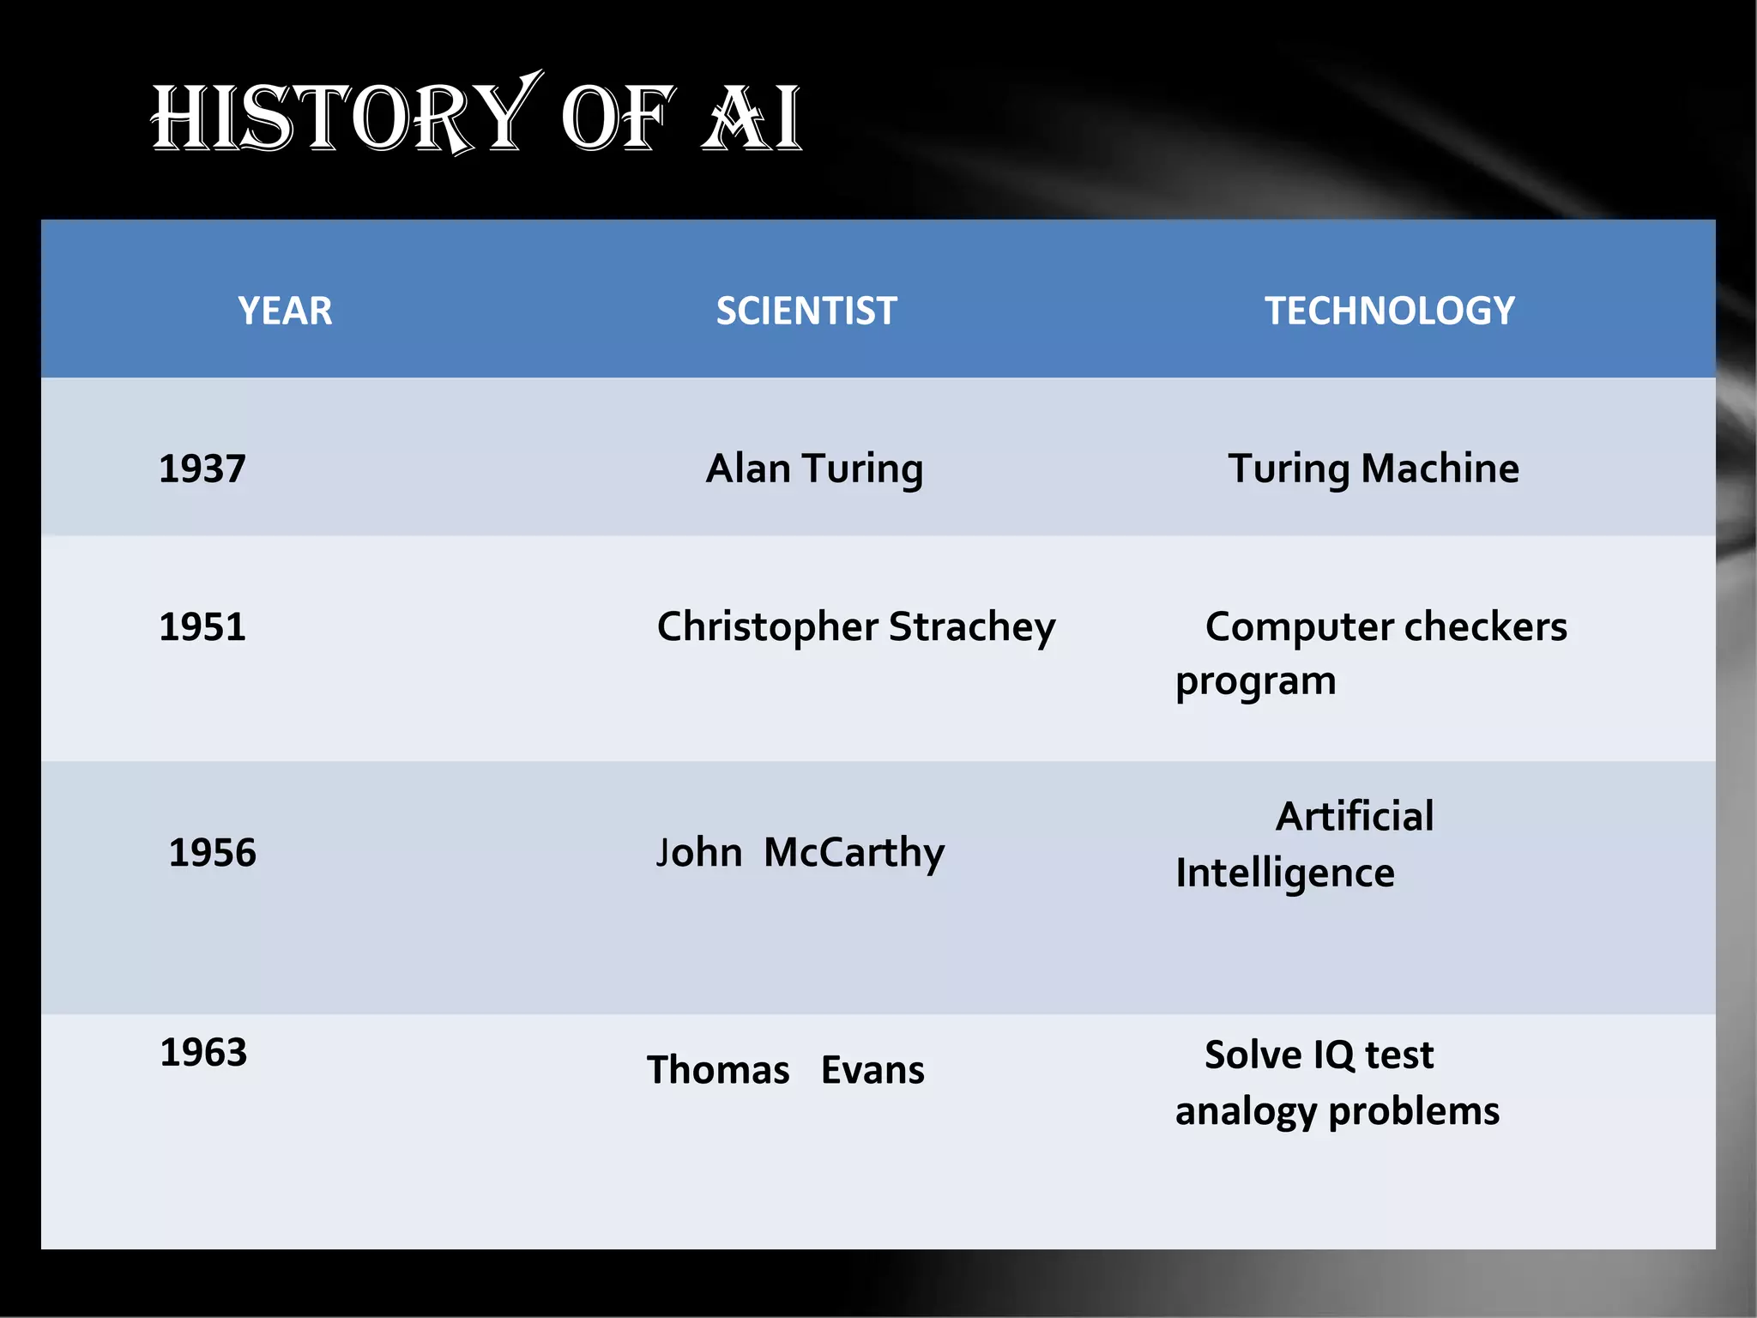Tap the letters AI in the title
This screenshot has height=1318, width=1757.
pyautogui.click(x=752, y=118)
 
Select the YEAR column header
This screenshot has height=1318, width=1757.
pyautogui.click(x=285, y=311)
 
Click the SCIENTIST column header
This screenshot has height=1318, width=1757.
pyautogui.click(x=806, y=311)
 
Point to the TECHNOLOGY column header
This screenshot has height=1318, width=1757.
pyautogui.click(x=1389, y=311)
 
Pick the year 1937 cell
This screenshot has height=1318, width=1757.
pyautogui.click(x=202, y=469)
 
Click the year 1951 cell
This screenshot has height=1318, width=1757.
pyautogui.click(x=202, y=627)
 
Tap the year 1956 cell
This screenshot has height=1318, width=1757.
pyautogui.click(x=212, y=853)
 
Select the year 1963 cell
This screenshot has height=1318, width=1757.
pyautogui.click(x=203, y=1053)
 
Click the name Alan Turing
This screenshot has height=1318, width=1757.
pyautogui.click(x=814, y=469)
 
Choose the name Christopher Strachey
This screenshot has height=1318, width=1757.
pyautogui.click(x=855, y=627)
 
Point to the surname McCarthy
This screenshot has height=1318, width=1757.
pyautogui.click(x=854, y=853)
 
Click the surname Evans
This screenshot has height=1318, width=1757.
pyautogui.click(x=872, y=1071)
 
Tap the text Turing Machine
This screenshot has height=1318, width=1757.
pyautogui.click(x=1373, y=469)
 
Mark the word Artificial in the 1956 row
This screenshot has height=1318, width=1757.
pyautogui.click(x=1354, y=816)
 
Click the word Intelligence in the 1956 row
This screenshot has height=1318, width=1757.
pyautogui.click(x=1284, y=874)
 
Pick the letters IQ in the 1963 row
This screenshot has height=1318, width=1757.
pyautogui.click(x=1332, y=1055)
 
